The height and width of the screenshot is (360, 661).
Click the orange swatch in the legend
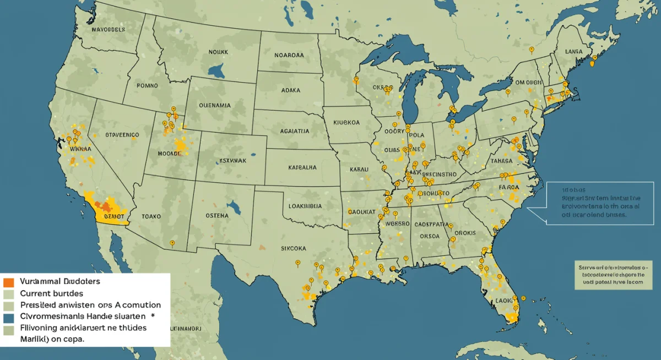click(x=8, y=282)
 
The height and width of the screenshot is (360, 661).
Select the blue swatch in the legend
click(x=8, y=318)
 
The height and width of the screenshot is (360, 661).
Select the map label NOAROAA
click(x=289, y=55)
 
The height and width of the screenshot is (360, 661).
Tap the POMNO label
click(x=147, y=86)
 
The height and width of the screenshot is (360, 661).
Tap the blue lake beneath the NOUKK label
click(x=216, y=70)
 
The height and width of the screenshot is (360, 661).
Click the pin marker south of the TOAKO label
click(x=172, y=242)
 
